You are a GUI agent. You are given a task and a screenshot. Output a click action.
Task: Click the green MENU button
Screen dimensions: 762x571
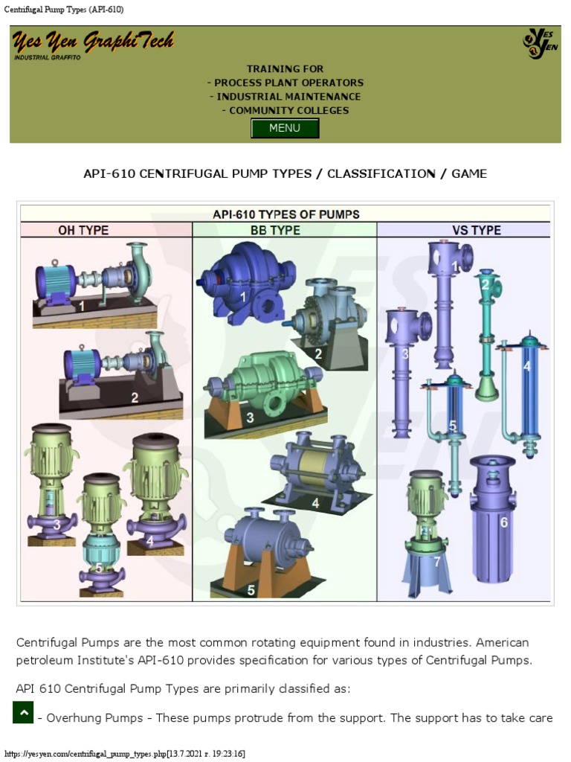tap(285, 128)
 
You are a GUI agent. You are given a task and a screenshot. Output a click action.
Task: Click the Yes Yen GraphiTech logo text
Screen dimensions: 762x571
tap(93, 42)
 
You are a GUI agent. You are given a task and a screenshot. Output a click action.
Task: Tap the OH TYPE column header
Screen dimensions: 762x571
tap(83, 231)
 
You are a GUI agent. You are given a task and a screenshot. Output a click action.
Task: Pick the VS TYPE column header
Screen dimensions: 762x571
tap(476, 231)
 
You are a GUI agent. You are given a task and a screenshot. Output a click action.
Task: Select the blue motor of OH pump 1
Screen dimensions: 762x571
tap(56, 283)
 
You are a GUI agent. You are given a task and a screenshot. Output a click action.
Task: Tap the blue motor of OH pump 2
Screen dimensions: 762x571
tap(82, 365)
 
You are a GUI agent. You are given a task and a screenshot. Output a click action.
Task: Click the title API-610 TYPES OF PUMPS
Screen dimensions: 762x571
tap(285, 214)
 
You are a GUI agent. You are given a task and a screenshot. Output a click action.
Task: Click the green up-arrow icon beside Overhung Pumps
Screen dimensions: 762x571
tap(24, 712)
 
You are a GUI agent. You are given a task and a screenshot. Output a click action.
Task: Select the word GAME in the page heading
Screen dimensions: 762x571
tap(469, 174)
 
